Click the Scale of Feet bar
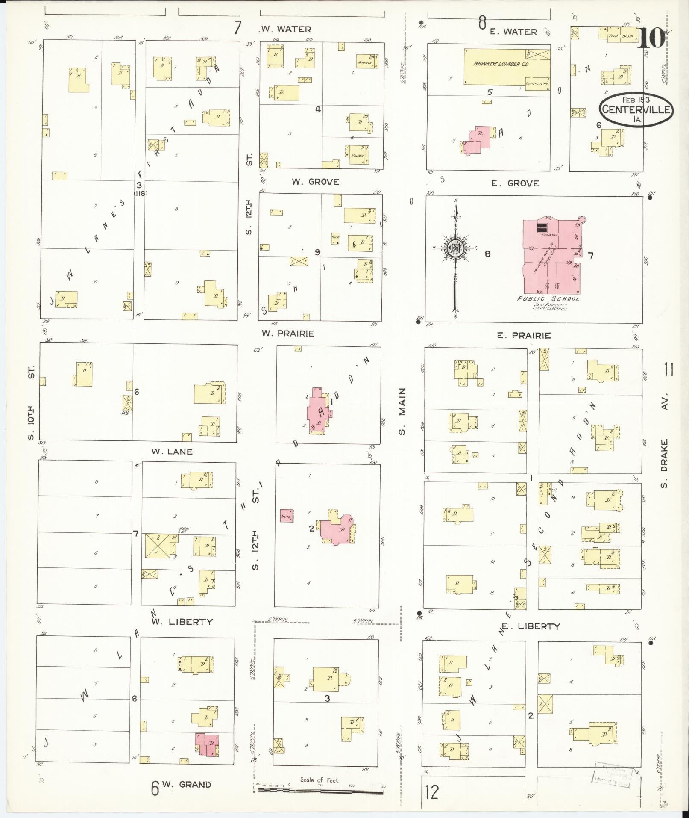pyautogui.click(x=320, y=791)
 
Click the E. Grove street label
pyautogui.click(x=515, y=183)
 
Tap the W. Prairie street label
pyautogui.click(x=288, y=333)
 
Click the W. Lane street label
pyautogui.click(x=172, y=452)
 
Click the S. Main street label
pyautogui.click(x=402, y=412)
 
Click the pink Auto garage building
pyautogui.click(x=286, y=516)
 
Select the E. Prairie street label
pyautogui.click(x=524, y=336)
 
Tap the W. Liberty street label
pyautogui.click(x=182, y=622)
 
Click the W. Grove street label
pyautogui.click(x=315, y=182)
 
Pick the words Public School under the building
pyautogui.click(x=548, y=299)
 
